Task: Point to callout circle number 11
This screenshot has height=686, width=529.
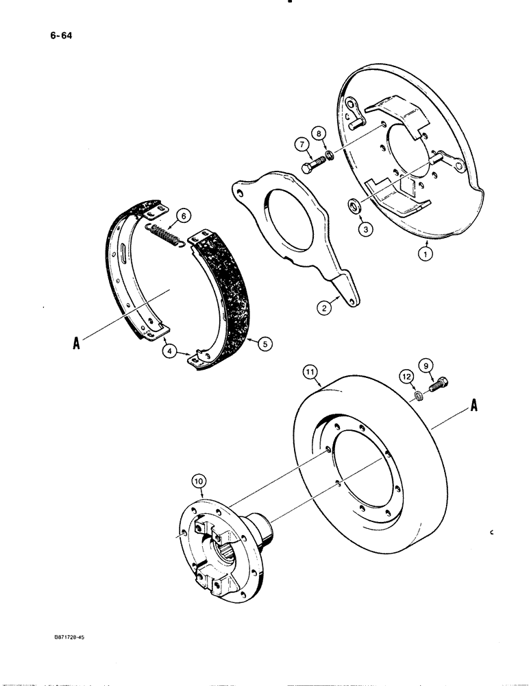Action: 408,376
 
